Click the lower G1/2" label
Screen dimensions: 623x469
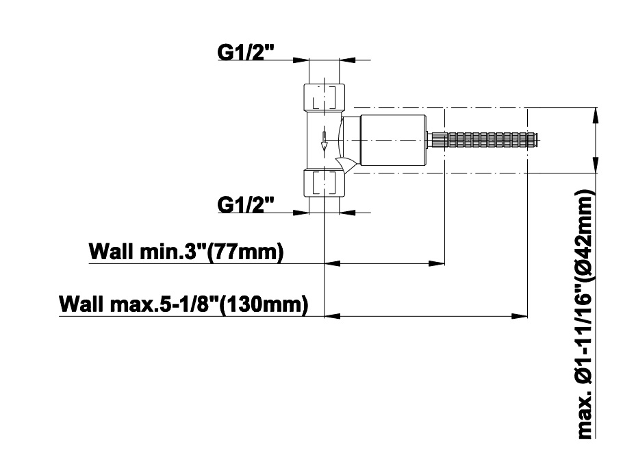(246, 204)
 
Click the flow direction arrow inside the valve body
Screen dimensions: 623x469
(324, 142)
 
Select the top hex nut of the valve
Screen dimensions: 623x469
(325, 97)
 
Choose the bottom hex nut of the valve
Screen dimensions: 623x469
(325, 183)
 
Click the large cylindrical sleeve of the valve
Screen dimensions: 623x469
(393, 141)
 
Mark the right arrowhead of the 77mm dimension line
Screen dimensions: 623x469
(436, 263)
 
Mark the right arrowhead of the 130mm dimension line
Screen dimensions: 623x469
(520, 316)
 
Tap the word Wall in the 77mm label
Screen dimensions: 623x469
(112, 252)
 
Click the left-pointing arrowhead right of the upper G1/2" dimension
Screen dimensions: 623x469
(347, 60)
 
